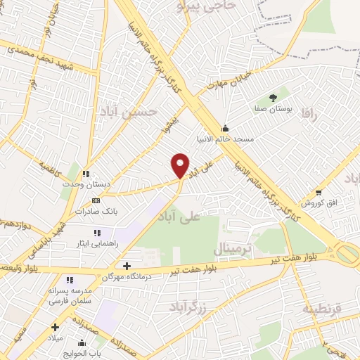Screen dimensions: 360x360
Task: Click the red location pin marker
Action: [181, 165]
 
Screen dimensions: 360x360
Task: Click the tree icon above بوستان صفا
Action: [273, 98]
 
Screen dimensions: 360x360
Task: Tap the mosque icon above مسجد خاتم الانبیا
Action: [225, 128]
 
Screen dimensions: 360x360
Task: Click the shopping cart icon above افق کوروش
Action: [319, 192]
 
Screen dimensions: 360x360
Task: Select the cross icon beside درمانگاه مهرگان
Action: [127, 265]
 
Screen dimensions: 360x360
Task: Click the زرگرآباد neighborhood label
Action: [186, 307]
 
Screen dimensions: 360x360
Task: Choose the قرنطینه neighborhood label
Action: [321, 309]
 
